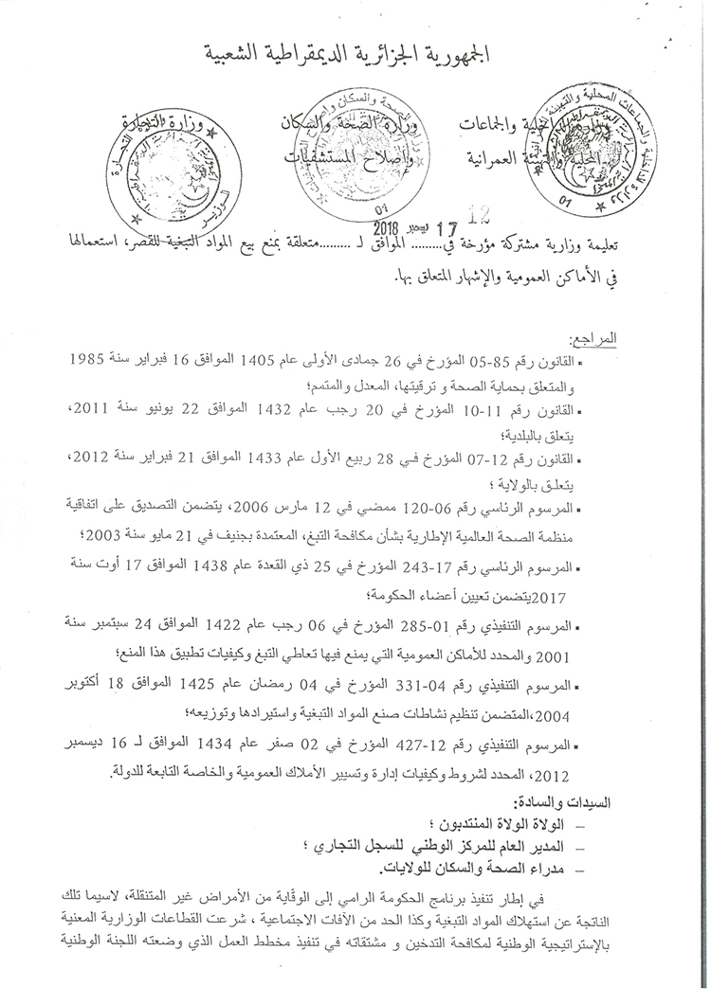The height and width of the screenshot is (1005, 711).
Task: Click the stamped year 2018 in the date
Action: pyautogui.click(x=388, y=227)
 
